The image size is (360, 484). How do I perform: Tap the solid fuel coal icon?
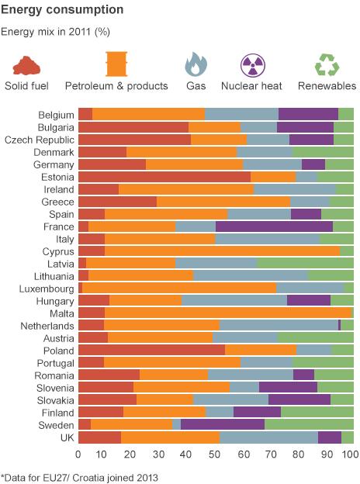pos(27,64)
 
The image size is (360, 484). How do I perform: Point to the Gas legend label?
pos(192,85)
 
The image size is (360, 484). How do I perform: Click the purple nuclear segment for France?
pos(274,226)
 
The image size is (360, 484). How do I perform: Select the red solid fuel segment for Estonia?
pos(164,177)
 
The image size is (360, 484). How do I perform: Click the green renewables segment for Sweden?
pos(309,424)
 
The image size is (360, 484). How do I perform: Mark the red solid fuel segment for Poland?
pos(151,350)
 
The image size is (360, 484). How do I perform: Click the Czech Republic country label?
pos(40,140)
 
